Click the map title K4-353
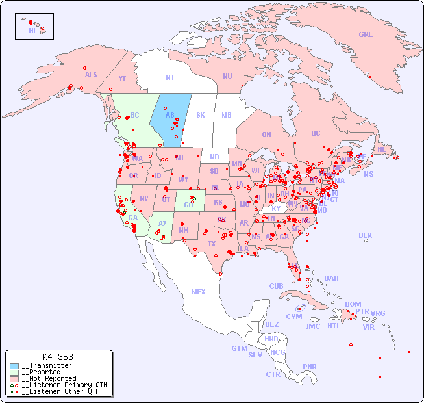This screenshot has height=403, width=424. pyautogui.click(x=57, y=357)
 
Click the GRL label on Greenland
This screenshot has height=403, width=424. pyautogui.click(x=366, y=35)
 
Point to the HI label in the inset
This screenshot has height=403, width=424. pyautogui.click(x=32, y=31)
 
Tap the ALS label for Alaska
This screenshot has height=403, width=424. pyautogui.click(x=91, y=75)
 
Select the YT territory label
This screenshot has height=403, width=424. pyautogui.click(x=122, y=79)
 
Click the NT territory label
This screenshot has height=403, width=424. pyautogui.click(x=169, y=77)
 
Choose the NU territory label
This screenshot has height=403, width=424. pyautogui.click(x=227, y=76)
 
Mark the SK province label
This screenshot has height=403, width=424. pyautogui.click(x=201, y=115)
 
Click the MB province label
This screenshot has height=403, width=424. pyautogui.click(x=226, y=115)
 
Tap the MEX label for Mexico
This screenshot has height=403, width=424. pyautogui.click(x=199, y=292)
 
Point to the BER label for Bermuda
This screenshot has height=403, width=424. pyautogui.click(x=365, y=235)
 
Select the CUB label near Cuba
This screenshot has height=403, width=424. pyautogui.click(x=276, y=286)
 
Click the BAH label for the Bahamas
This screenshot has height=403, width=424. pyautogui.click(x=331, y=278)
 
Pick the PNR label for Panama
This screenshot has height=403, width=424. pyautogui.click(x=310, y=367)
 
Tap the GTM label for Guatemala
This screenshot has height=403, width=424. pyautogui.click(x=239, y=348)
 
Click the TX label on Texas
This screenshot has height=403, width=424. pyautogui.click(x=212, y=244)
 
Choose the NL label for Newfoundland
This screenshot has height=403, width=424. pyautogui.click(x=382, y=149)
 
